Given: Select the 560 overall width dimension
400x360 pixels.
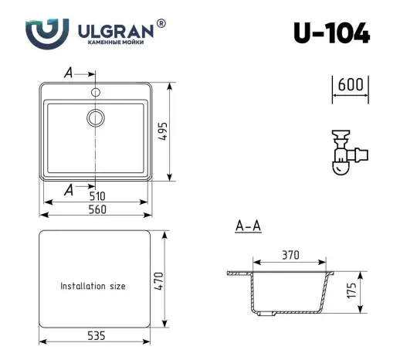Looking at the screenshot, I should (x=97, y=209).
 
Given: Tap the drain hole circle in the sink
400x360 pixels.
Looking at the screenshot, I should (x=95, y=117).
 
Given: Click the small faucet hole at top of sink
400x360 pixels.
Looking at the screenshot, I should (x=95, y=92).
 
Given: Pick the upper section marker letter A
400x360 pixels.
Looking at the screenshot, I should (x=68, y=73).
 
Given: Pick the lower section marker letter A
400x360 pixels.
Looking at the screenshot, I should (x=69, y=189).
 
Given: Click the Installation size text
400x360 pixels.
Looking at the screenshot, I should (x=93, y=286).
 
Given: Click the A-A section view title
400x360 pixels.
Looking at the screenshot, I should (x=247, y=226).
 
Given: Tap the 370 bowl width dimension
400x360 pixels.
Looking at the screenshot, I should (x=290, y=255).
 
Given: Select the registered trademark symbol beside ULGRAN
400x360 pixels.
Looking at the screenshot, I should (x=161, y=24).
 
